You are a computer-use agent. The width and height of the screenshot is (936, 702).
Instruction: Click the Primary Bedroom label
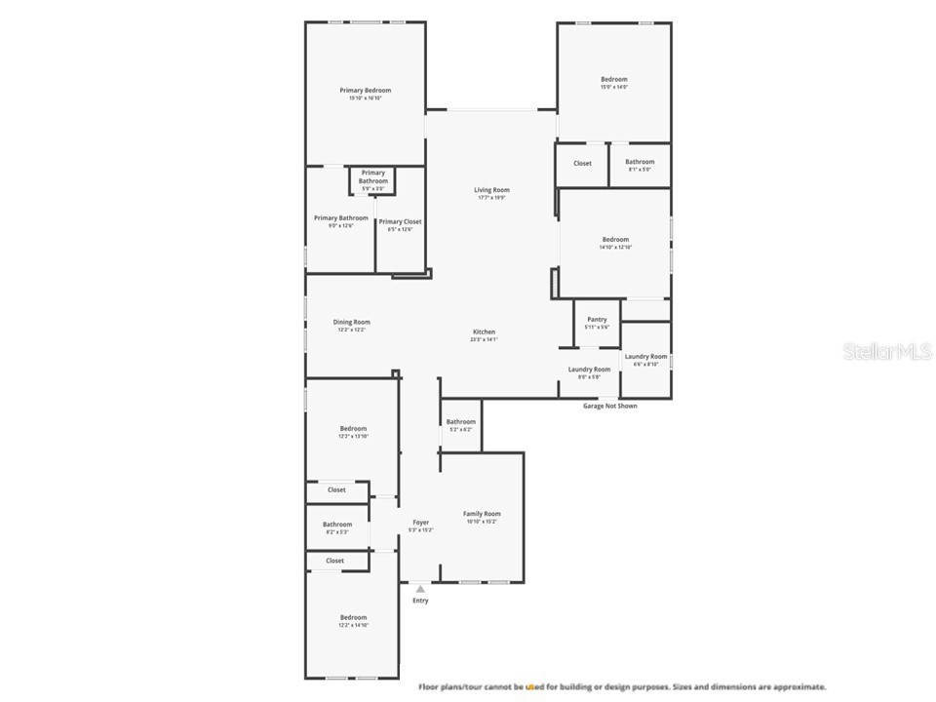365,91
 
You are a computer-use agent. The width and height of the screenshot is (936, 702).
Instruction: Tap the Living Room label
491,190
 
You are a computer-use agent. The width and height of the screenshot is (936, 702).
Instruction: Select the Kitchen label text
484,332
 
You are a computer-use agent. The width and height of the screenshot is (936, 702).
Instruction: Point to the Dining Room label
351,322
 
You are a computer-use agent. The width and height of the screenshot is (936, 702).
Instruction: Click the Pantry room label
597,320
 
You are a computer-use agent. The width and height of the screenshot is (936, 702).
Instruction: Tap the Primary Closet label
400,222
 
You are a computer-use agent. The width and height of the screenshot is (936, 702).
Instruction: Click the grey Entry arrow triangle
420,589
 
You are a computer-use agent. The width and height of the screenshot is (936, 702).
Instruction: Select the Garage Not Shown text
609,406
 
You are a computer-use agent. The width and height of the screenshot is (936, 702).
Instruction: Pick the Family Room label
482,514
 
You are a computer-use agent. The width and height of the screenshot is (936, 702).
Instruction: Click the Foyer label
420,523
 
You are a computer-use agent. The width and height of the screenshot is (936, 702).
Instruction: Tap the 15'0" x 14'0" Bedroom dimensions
613,88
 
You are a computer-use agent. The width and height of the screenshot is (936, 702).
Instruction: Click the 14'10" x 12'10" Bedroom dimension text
615,248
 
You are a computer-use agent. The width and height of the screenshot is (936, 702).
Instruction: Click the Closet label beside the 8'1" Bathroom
582,164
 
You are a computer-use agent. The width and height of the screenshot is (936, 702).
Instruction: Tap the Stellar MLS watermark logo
887,351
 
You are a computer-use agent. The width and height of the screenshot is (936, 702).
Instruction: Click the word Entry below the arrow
420,601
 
